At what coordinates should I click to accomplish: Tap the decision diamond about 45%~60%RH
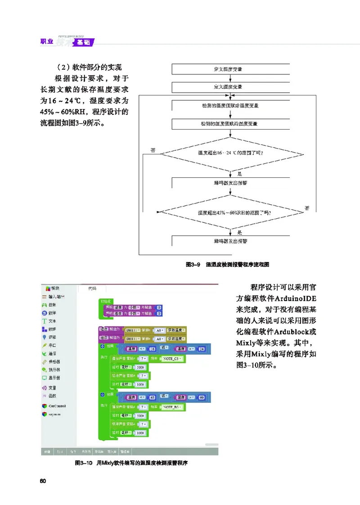(x=230, y=212)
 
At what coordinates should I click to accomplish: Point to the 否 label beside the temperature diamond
(x=153, y=150)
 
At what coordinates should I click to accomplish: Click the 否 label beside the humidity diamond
(x=307, y=208)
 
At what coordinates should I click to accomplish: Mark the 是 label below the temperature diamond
(x=239, y=173)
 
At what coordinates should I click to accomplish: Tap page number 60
(x=43, y=481)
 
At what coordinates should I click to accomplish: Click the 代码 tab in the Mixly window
(x=92, y=288)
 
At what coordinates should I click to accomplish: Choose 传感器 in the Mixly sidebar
(x=55, y=361)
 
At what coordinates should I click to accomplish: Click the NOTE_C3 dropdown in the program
(x=171, y=359)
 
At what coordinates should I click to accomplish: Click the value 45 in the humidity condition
(x=153, y=397)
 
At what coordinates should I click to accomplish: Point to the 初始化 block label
(x=107, y=301)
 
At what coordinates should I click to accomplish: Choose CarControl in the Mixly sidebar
(x=57, y=406)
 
